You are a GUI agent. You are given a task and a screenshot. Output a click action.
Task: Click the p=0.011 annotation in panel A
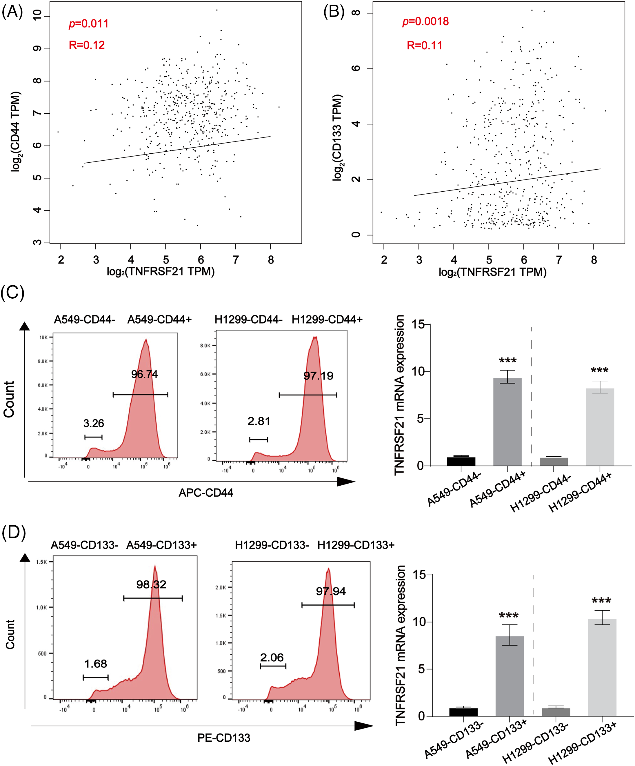tap(89, 24)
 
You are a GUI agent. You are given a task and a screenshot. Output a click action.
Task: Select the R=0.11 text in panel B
tap(424, 46)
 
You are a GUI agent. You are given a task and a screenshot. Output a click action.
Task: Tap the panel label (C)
tap(12, 293)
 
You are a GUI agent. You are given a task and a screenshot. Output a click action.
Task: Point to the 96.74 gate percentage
tap(144, 374)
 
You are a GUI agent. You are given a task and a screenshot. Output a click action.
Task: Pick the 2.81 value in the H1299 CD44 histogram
tap(259, 421)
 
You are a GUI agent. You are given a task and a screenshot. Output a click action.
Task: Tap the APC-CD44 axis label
tap(206, 493)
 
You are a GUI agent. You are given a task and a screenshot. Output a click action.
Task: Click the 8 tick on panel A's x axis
tap(271, 260)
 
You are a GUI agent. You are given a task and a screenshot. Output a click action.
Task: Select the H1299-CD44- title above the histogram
tap(248, 320)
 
